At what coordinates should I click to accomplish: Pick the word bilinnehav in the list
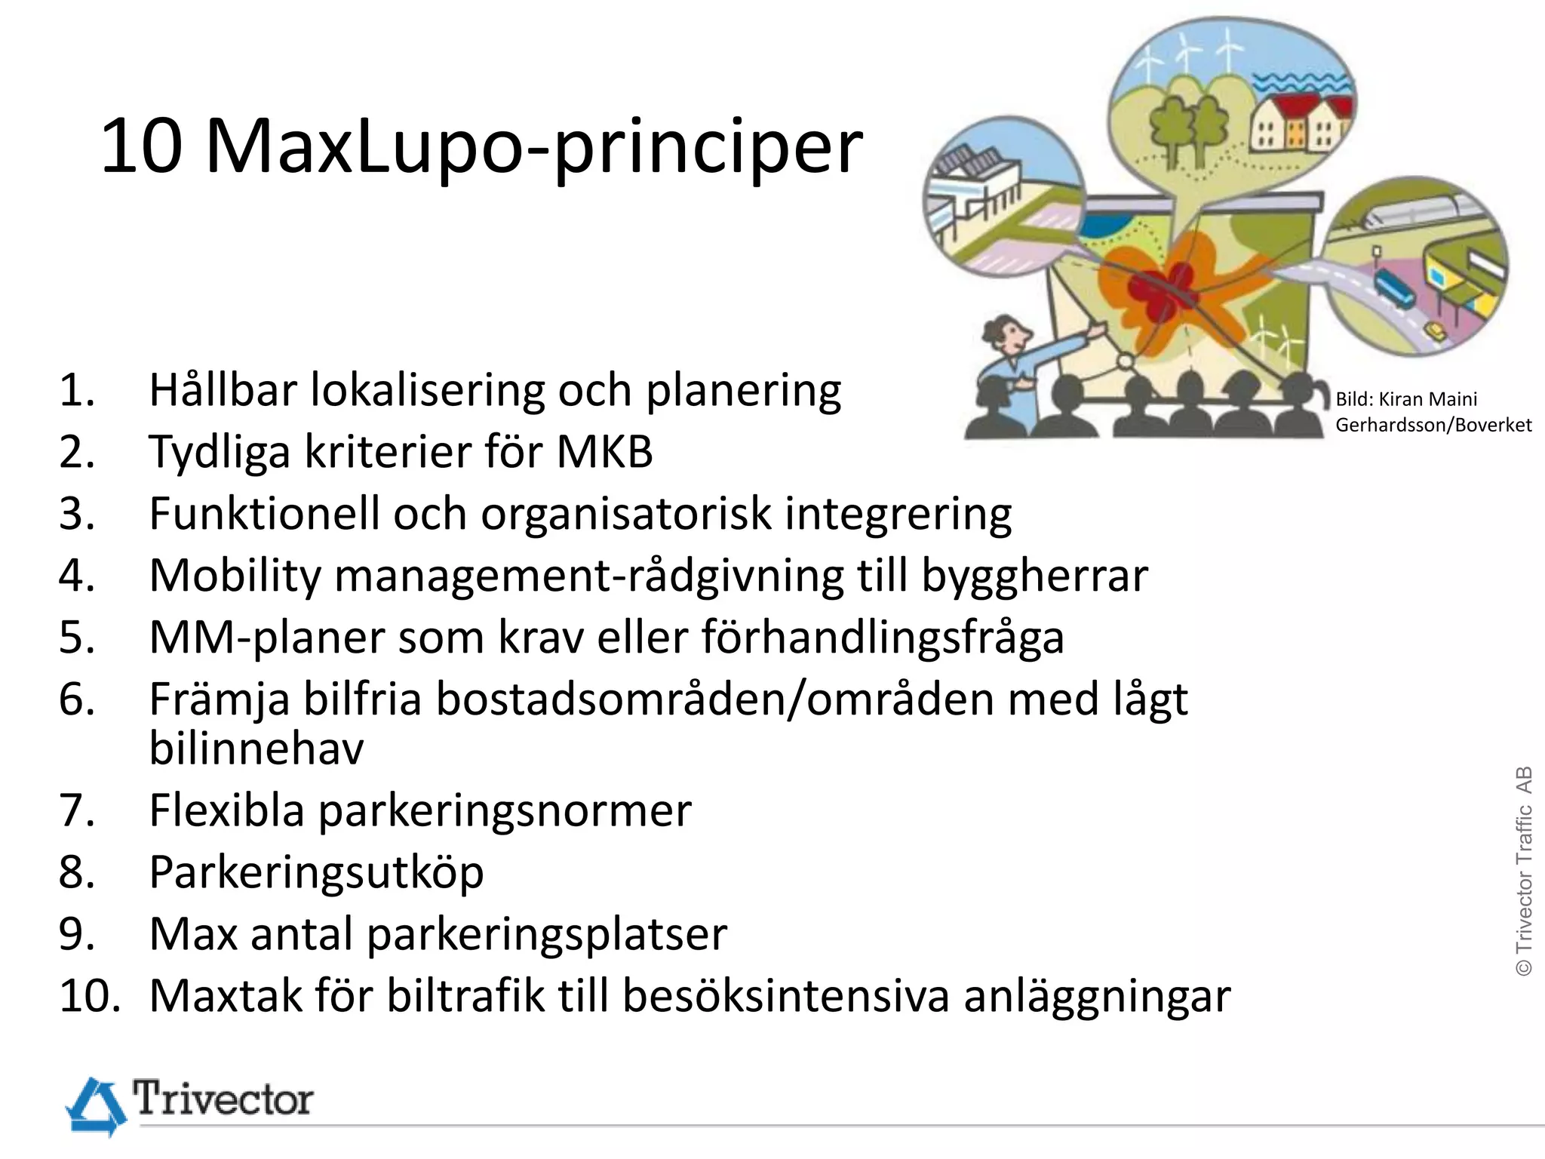(256, 749)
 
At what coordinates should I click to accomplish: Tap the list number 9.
(76, 934)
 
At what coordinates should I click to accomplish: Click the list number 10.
(89, 996)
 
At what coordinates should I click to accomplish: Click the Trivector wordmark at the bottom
(223, 1099)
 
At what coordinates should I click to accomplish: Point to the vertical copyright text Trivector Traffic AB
(1524, 872)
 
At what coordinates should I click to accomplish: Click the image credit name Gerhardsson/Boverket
(1433, 425)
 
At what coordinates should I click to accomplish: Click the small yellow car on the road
(1433, 330)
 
